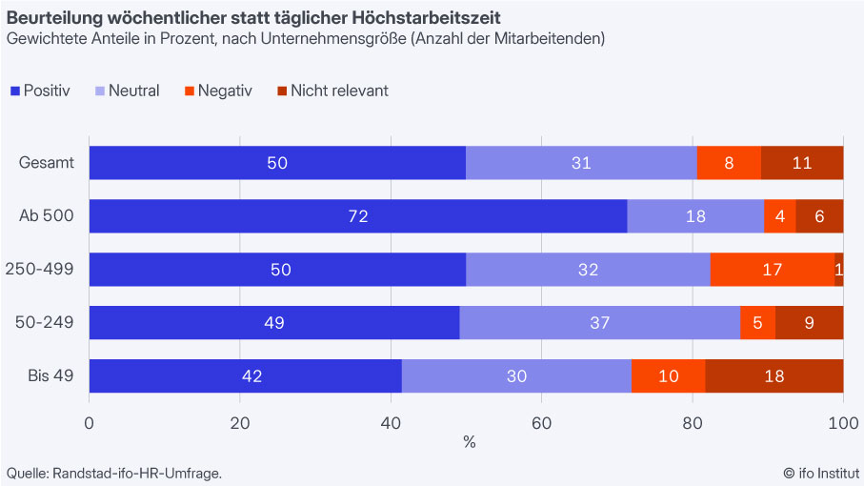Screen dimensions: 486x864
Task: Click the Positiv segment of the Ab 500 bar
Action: pyautogui.click(x=358, y=216)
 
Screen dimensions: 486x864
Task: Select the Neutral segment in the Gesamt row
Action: pyautogui.click(x=581, y=163)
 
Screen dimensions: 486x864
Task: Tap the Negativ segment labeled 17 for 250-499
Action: pyautogui.click(x=773, y=270)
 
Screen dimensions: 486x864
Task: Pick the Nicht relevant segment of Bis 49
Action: pyautogui.click(x=774, y=375)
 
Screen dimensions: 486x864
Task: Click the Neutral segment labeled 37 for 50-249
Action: pyautogui.click(x=599, y=323)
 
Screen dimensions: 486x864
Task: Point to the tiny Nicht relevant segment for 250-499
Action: pyautogui.click(x=839, y=270)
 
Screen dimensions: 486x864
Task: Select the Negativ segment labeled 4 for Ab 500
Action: pyautogui.click(x=780, y=216)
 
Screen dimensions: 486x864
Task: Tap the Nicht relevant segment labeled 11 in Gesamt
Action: pyautogui.click(x=802, y=163)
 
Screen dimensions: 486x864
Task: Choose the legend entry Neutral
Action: pyautogui.click(x=126, y=91)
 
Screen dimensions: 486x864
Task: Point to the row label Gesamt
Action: pyautogui.click(x=47, y=163)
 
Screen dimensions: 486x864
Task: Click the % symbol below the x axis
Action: pyautogui.click(x=469, y=442)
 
